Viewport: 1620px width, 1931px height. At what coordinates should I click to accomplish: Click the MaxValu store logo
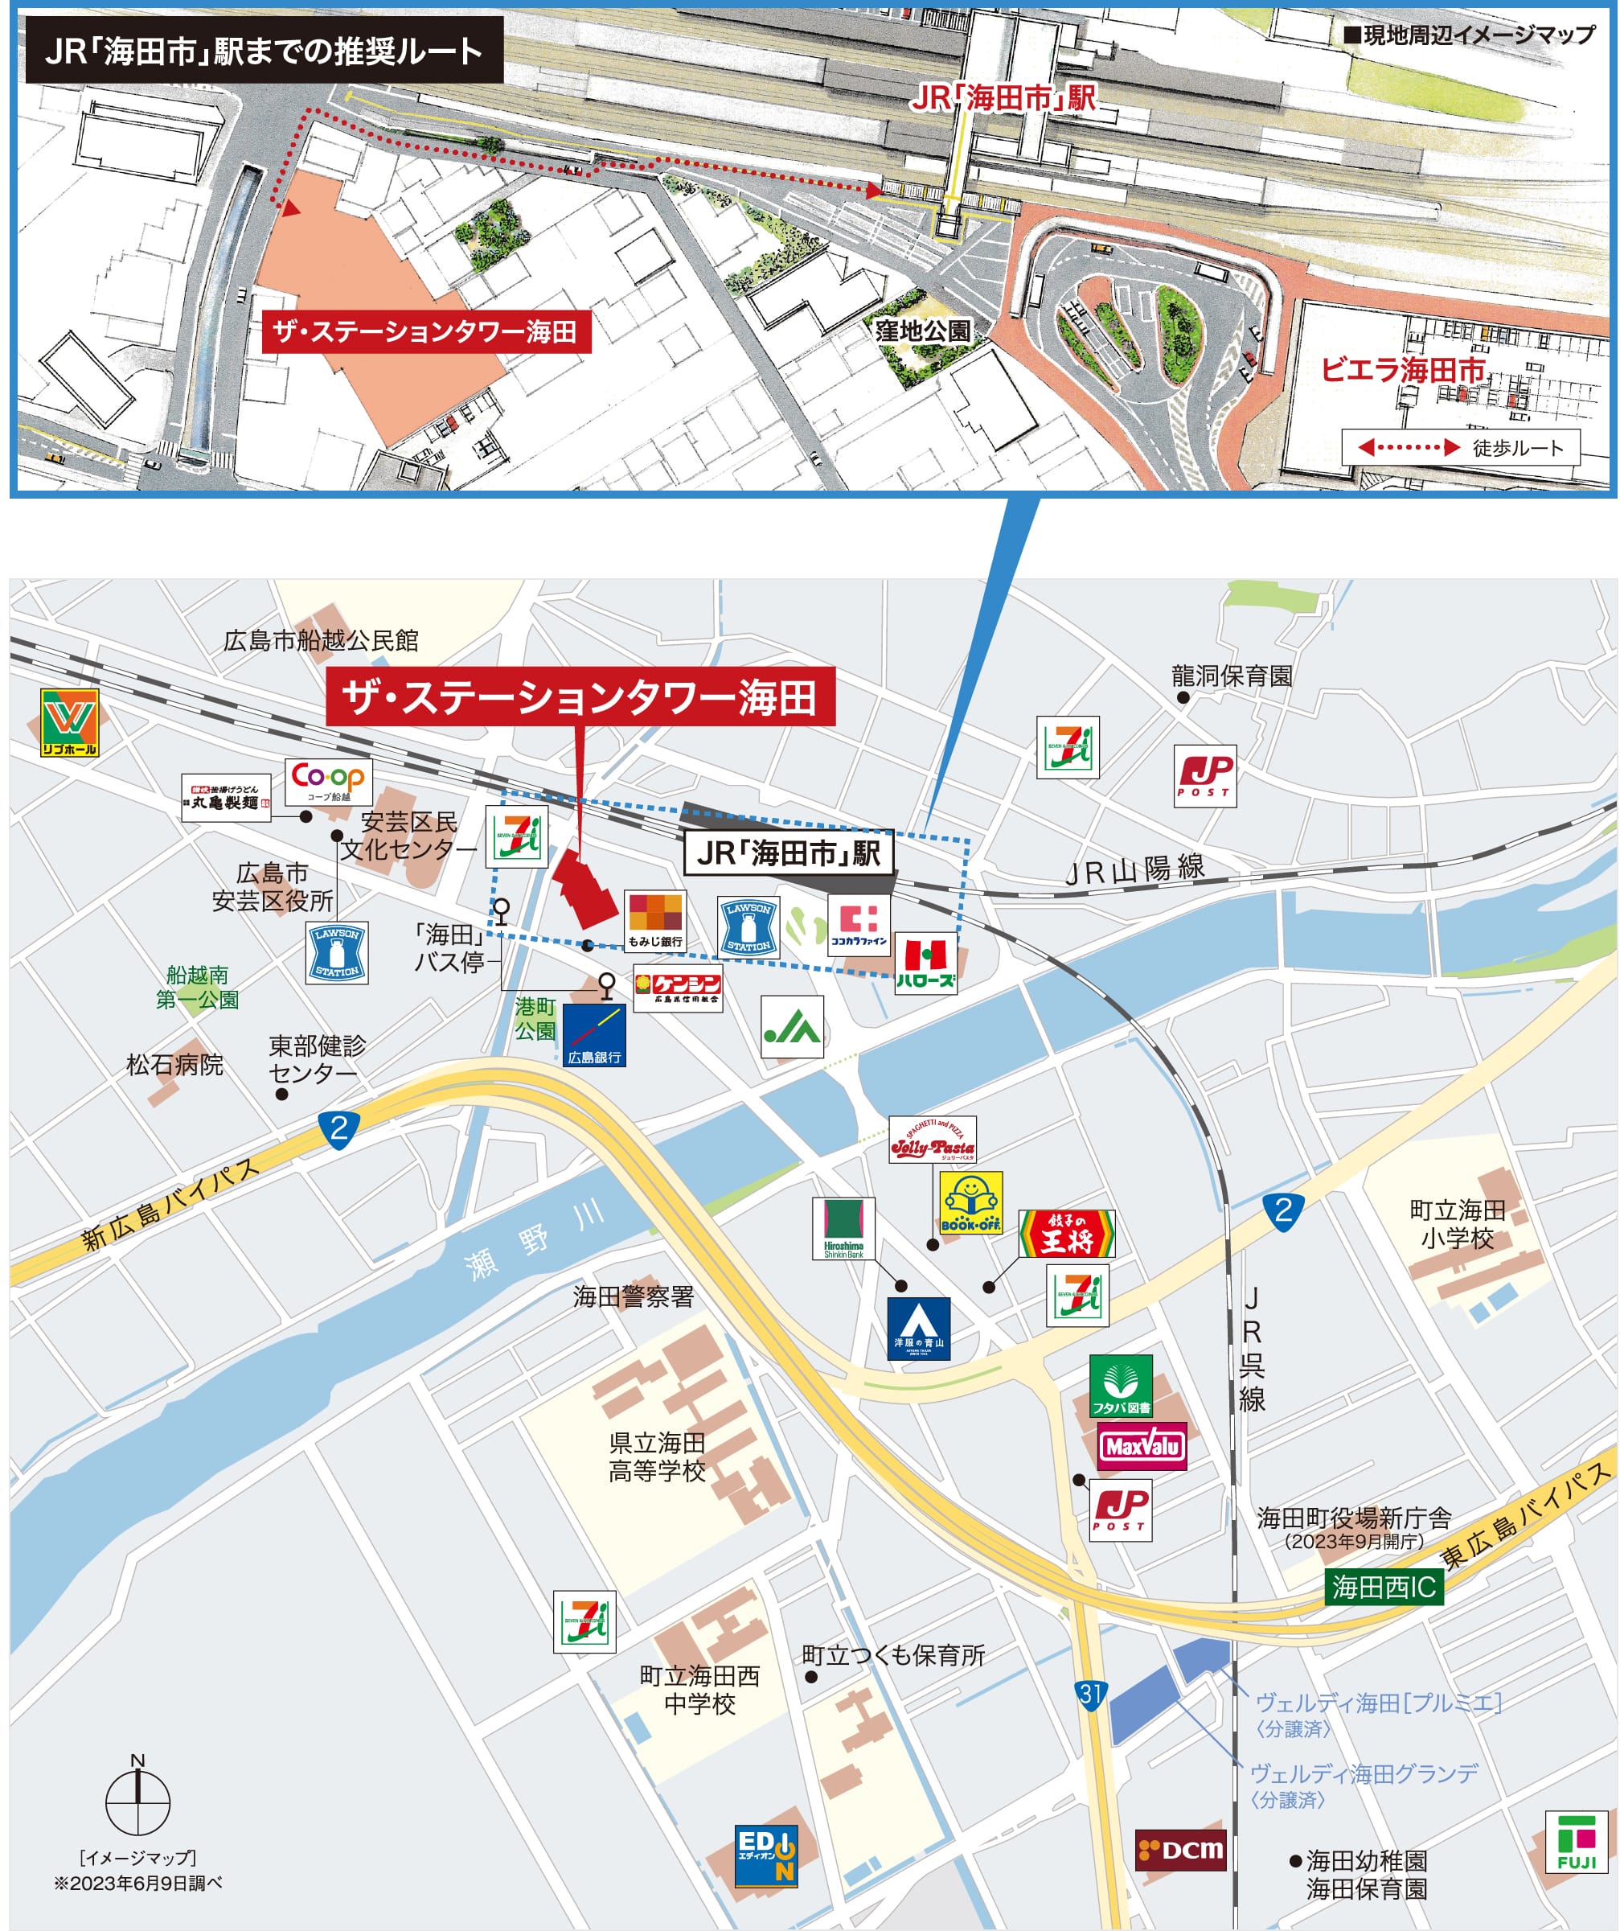1142,1446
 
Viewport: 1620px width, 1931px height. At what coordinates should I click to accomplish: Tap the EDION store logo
766,1855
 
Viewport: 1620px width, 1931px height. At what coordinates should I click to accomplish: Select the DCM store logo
1180,1850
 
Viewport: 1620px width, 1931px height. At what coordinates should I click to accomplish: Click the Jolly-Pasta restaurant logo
933,1140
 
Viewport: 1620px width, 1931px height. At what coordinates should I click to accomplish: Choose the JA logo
792,1027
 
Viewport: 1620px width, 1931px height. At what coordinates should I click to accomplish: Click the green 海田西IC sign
1384,1587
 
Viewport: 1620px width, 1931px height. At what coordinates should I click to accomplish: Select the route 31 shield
1090,1694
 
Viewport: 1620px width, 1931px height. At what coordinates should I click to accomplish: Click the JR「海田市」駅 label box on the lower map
789,853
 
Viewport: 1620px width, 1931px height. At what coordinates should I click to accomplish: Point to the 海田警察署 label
634,1296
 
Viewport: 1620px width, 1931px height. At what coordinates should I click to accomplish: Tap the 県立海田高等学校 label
657,1456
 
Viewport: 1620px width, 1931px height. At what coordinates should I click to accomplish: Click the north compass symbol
138,1802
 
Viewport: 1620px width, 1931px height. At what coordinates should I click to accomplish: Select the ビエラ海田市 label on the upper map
1403,370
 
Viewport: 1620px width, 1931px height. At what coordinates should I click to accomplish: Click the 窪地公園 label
922,331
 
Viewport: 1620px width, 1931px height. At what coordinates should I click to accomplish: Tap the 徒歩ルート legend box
1460,448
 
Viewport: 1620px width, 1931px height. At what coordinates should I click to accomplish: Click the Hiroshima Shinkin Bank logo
843,1228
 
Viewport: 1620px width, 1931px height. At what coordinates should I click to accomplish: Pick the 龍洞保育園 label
1231,676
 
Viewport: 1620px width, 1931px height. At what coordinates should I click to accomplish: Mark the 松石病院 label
174,1065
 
